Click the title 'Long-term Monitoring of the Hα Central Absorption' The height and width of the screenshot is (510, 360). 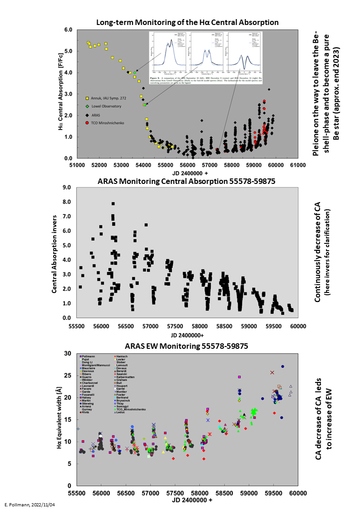click(187, 22)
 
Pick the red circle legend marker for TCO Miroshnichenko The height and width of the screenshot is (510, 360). click(86, 123)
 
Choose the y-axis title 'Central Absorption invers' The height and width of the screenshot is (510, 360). click(54, 253)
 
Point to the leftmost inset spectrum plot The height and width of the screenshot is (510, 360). click(168, 53)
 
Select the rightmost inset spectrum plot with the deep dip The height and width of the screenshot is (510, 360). click(246, 53)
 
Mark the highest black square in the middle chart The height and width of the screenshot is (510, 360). click(113, 203)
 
